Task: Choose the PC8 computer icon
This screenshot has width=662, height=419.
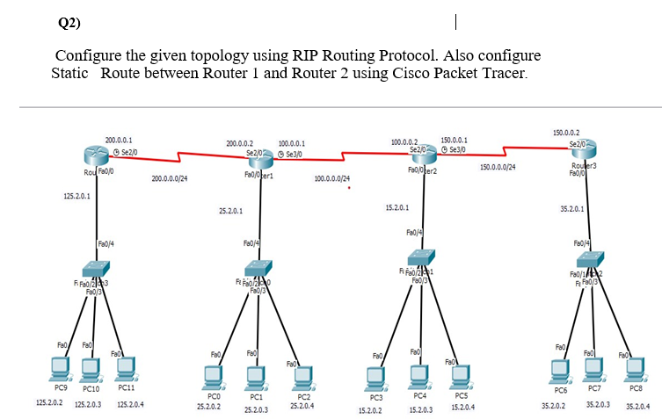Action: tap(636, 369)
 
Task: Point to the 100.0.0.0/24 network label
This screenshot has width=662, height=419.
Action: tap(331, 178)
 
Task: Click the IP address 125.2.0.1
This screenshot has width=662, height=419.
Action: tap(77, 196)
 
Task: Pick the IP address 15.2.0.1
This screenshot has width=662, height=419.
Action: tap(397, 207)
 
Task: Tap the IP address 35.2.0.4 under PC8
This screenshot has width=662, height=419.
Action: tap(637, 407)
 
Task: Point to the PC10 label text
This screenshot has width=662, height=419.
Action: tap(92, 387)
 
